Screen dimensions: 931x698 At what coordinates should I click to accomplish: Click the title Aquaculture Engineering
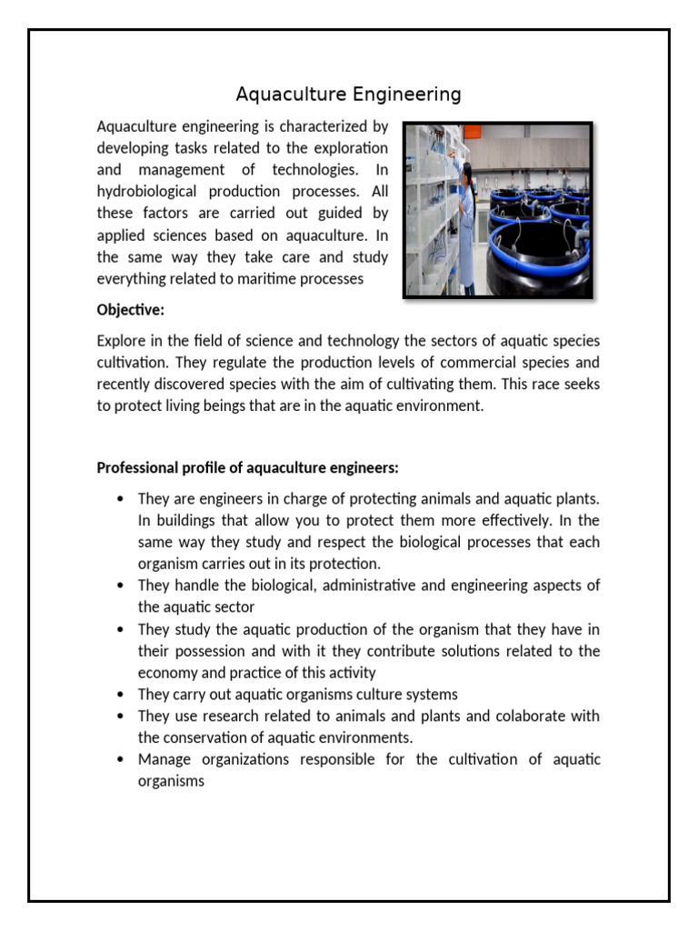(349, 95)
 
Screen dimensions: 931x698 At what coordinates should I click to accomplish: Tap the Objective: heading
(131, 310)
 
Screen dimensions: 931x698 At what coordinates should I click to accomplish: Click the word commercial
(436, 362)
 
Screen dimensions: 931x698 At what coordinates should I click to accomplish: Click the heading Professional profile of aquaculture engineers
(247, 468)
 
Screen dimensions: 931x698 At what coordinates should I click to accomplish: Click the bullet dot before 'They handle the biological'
(120, 586)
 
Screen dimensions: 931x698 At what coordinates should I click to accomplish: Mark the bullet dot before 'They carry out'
(120, 695)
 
